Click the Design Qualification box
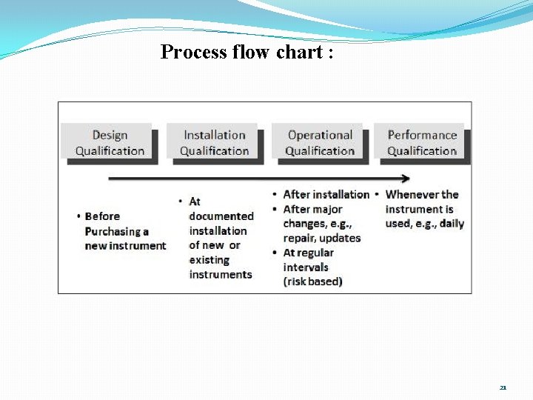click(x=110, y=143)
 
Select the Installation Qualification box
click(x=214, y=143)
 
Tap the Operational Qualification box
click(x=319, y=143)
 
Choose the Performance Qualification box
click(x=422, y=143)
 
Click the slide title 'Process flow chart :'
click(x=247, y=52)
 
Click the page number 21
click(x=503, y=387)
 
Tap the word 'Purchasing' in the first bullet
click(x=116, y=231)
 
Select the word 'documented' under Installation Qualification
click(x=221, y=216)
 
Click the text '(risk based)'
click(x=312, y=281)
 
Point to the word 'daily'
click(x=452, y=224)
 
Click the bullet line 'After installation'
click(x=326, y=195)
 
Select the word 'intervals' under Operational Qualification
click(x=306, y=267)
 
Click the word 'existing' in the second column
click(x=209, y=260)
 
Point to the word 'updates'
click(x=341, y=239)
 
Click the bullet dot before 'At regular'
click(x=275, y=253)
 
